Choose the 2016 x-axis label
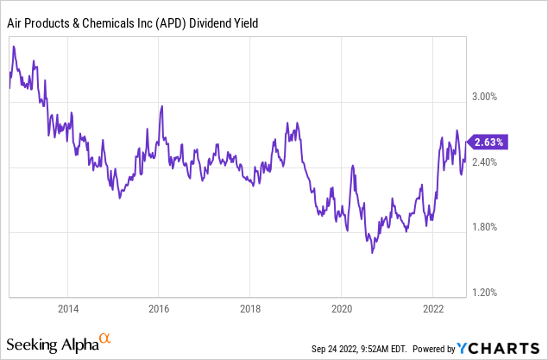[159, 308]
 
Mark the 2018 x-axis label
[250, 308]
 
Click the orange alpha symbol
[105, 339]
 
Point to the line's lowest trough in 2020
[372, 252]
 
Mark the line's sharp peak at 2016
[161, 106]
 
